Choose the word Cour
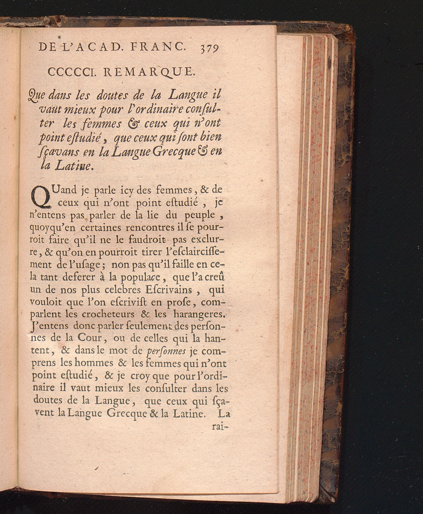click(89, 338)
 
